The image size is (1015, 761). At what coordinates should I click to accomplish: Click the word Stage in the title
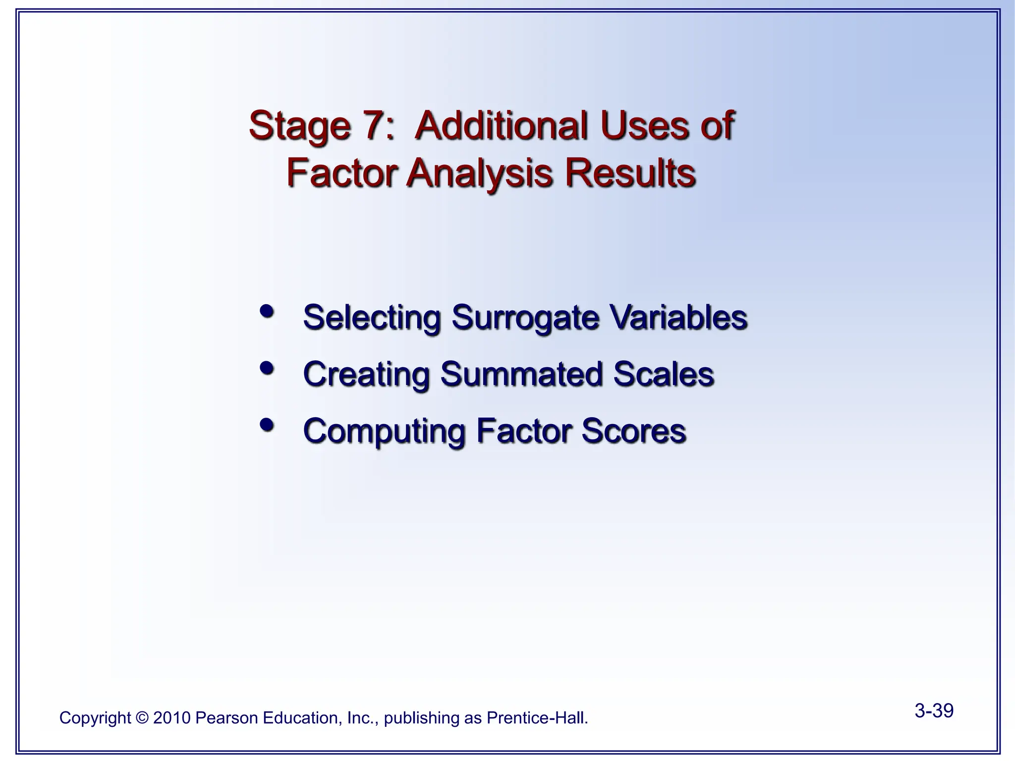pos(299,126)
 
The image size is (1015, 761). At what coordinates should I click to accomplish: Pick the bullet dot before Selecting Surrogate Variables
pos(267,312)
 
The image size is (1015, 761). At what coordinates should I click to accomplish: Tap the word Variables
pos(678,317)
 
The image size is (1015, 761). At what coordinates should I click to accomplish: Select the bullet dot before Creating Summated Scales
pos(267,368)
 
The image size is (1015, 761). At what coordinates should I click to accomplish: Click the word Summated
pos(521,374)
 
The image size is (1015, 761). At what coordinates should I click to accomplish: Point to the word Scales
pos(664,374)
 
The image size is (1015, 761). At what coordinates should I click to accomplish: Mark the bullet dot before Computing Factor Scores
pos(267,425)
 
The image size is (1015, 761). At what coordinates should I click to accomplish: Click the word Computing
pos(384,431)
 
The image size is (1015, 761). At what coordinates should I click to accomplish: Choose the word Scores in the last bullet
pos(634,431)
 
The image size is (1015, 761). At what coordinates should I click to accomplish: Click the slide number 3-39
pos(934,710)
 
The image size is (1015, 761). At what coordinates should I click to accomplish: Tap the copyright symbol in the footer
pos(142,718)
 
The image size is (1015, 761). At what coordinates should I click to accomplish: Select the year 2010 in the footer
pos(172,718)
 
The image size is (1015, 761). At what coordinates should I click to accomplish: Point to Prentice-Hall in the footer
pos(537,718)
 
